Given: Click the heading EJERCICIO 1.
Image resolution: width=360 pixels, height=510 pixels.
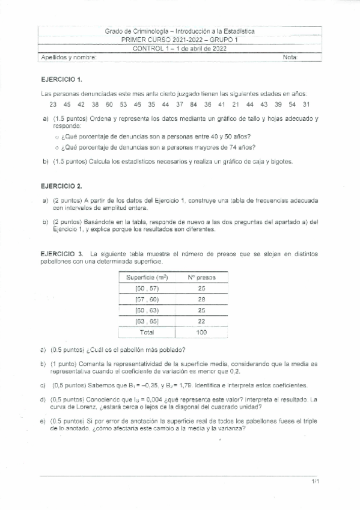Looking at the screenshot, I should click(x=61, y=79).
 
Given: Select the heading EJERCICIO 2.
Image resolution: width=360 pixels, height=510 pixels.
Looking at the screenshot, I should click(x=61, y=187).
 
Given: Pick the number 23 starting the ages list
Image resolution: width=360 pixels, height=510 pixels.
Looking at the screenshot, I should click(x=53, y=104).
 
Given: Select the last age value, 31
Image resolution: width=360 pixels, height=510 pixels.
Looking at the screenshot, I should click(x=306, y=104).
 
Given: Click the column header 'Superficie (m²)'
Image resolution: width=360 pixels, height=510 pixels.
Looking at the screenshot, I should click(x=147, y=277).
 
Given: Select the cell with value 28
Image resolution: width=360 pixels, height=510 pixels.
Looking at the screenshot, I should click(x=201, y=299).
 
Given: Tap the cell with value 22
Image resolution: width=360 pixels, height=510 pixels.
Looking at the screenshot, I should click(x=201, y=321).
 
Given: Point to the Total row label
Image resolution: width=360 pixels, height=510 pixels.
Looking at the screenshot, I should click(x=147, y=332).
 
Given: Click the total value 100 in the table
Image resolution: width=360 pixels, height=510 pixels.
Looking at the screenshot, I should click(x=201, y=332).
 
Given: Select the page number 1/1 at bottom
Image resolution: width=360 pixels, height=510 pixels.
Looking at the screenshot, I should click(x=316, y=482).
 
